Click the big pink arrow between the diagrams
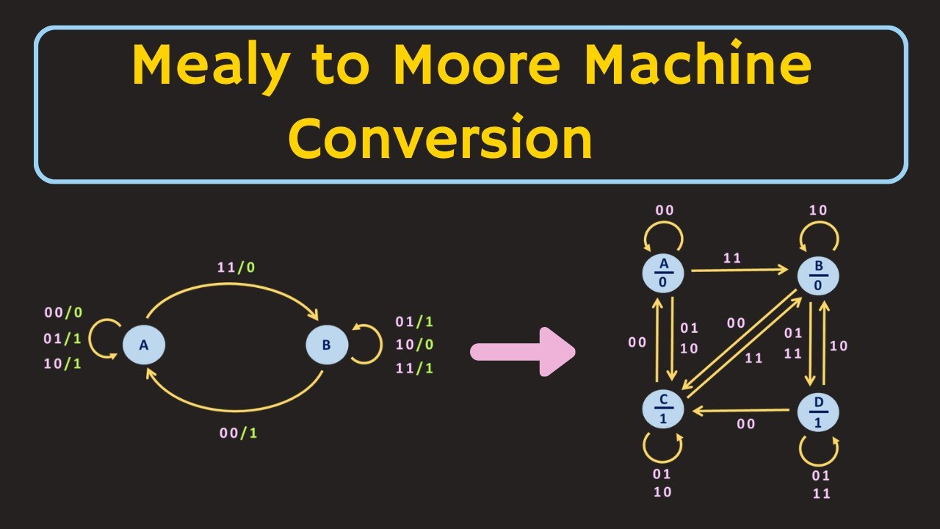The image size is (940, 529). pyautogui.click(x=522, y=352)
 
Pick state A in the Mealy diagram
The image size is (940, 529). pyautogui.click(x=144, y=345)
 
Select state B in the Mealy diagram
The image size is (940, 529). pyautogui.click(x=326, y=345)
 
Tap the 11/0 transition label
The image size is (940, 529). pyautogui.click(x=236, y=267)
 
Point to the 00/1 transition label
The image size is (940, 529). pyautogui.click(x=239, y=433)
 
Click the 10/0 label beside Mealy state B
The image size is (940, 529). pyautogui.click(x=414, y=345)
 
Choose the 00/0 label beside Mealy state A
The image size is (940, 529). pyautogui.click(x=63, y=312)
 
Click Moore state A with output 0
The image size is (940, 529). pyautogui.click(x=663, y=273)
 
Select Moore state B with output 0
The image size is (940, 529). pyautogui.click(x=819, y=275)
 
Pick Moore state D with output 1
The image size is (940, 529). pyautogui.click(x=819, y=412)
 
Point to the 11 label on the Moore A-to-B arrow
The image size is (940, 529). pyautogui.click(x=732, y=258)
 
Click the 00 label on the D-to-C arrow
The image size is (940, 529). pyautogui.click(x=746, y=424)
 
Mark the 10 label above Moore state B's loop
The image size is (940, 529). pyautogui.click(x=818, y=210)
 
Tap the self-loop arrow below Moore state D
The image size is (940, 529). pyautogui.click(x=819, y=450)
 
